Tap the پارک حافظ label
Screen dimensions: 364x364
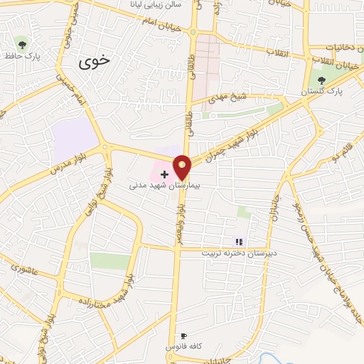tap(23, 55)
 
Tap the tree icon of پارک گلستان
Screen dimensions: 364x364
tap(321, 80)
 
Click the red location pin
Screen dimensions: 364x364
tap(182, 166)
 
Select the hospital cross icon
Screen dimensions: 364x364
tap(164, 173)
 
